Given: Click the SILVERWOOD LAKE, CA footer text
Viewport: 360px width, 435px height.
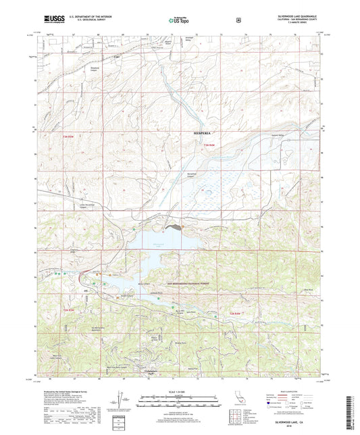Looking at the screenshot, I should pyautogui.click(x=298, y=419).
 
